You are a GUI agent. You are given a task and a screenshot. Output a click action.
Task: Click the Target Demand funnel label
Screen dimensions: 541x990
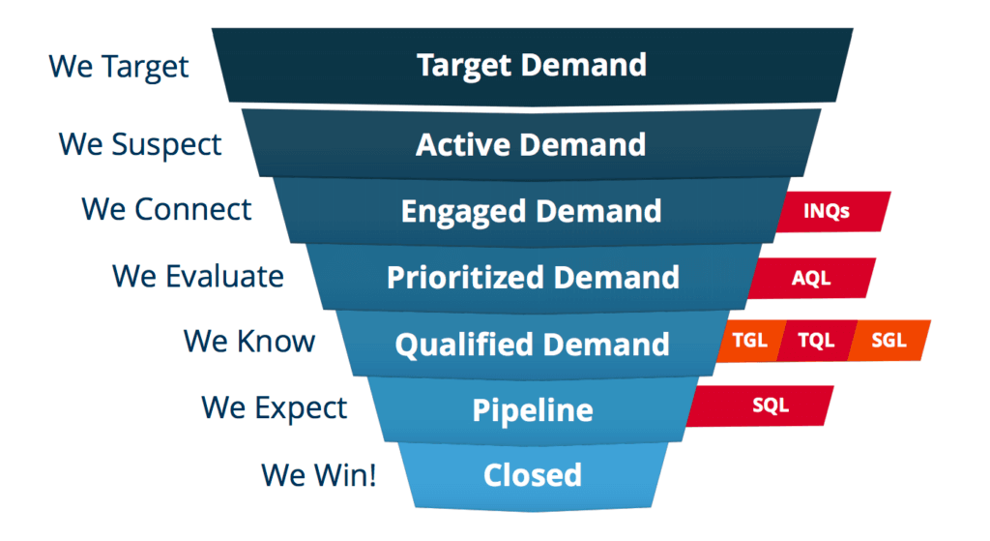tap(532, 66)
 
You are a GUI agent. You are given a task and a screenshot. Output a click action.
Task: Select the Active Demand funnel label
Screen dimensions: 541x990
tap(531, 145)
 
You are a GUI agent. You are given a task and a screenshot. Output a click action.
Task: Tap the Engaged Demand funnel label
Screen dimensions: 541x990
tap(531, 211)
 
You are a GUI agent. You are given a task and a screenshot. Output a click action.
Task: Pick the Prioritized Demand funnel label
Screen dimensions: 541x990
tap(533, 278)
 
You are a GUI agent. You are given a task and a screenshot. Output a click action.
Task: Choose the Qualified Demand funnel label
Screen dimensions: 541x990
tap(532, 344)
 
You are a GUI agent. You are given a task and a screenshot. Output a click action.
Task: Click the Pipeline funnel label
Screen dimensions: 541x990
tap(532, 409)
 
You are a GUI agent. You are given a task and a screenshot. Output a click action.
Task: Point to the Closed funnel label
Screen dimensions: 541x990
tap(533, 475)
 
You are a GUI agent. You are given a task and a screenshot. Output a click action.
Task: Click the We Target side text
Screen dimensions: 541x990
tap(119, 67)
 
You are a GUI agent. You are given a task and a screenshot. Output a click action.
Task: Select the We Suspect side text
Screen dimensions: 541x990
tap(140, 144)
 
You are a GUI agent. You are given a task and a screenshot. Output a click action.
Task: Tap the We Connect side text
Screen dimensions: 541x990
tap(166, 209)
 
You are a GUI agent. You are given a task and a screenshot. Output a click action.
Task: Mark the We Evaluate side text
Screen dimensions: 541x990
tap(198, 276)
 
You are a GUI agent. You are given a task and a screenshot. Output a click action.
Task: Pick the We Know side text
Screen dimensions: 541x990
tap(249, 341)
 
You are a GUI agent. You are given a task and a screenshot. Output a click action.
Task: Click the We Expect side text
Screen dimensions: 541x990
tap(274, 406)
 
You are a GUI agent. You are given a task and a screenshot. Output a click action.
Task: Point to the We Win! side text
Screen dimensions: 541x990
tap(318, 475)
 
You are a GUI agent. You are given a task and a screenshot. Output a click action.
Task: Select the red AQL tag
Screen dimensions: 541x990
tap(812, 278)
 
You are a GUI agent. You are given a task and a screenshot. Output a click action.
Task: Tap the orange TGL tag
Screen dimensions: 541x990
tap(750, 342)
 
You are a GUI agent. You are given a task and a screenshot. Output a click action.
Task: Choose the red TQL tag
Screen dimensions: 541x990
tap(817, 342)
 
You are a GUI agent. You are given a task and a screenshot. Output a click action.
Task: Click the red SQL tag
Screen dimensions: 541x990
tap(770, 406)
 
